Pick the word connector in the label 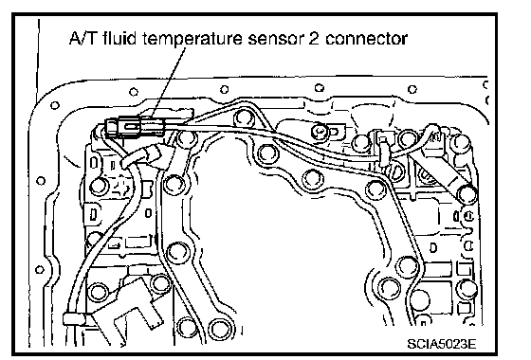pos(366,39)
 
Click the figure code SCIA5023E pos(441,344)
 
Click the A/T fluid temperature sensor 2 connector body pos(135,127)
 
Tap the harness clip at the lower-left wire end pos(74,319)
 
